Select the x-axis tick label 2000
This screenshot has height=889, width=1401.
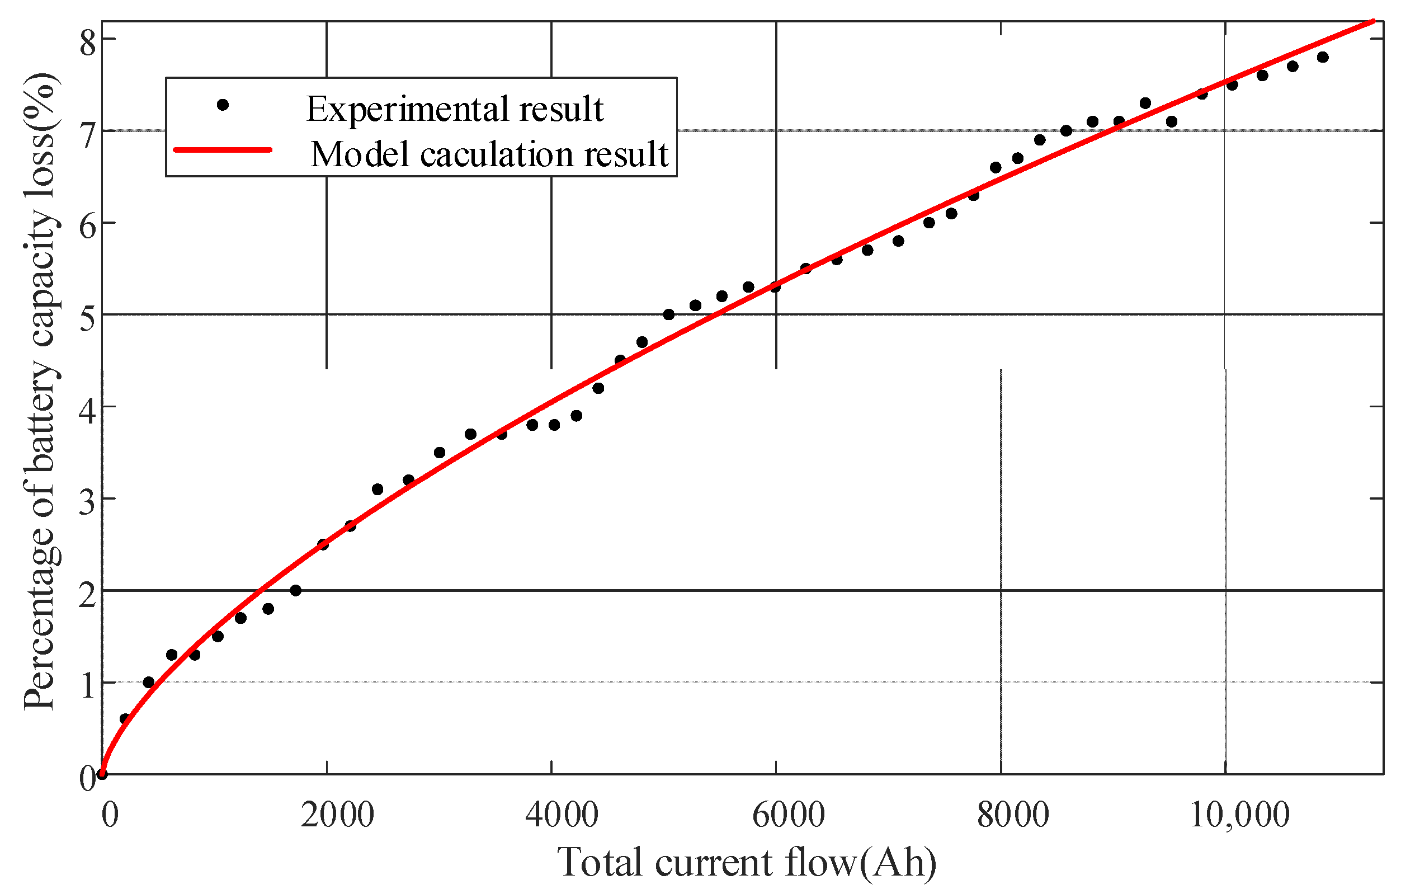[337, 816]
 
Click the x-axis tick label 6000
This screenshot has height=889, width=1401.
[789, 816]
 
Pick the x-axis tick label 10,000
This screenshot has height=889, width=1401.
[1239, 816]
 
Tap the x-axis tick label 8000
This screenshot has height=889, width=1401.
[1013, 816]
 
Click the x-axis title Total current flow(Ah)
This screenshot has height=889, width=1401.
[747, 863]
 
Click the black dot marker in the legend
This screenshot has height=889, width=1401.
[222, 105]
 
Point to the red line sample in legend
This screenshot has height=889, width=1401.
[223, 150]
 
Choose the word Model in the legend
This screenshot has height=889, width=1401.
[360, 155]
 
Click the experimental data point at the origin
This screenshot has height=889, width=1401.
[102, 774]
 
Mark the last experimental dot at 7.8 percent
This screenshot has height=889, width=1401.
[1323, 57]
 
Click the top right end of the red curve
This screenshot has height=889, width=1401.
[1372, 22]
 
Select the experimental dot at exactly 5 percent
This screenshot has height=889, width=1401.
[668, 314]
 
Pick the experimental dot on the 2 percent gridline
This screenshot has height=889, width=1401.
[295, 590]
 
